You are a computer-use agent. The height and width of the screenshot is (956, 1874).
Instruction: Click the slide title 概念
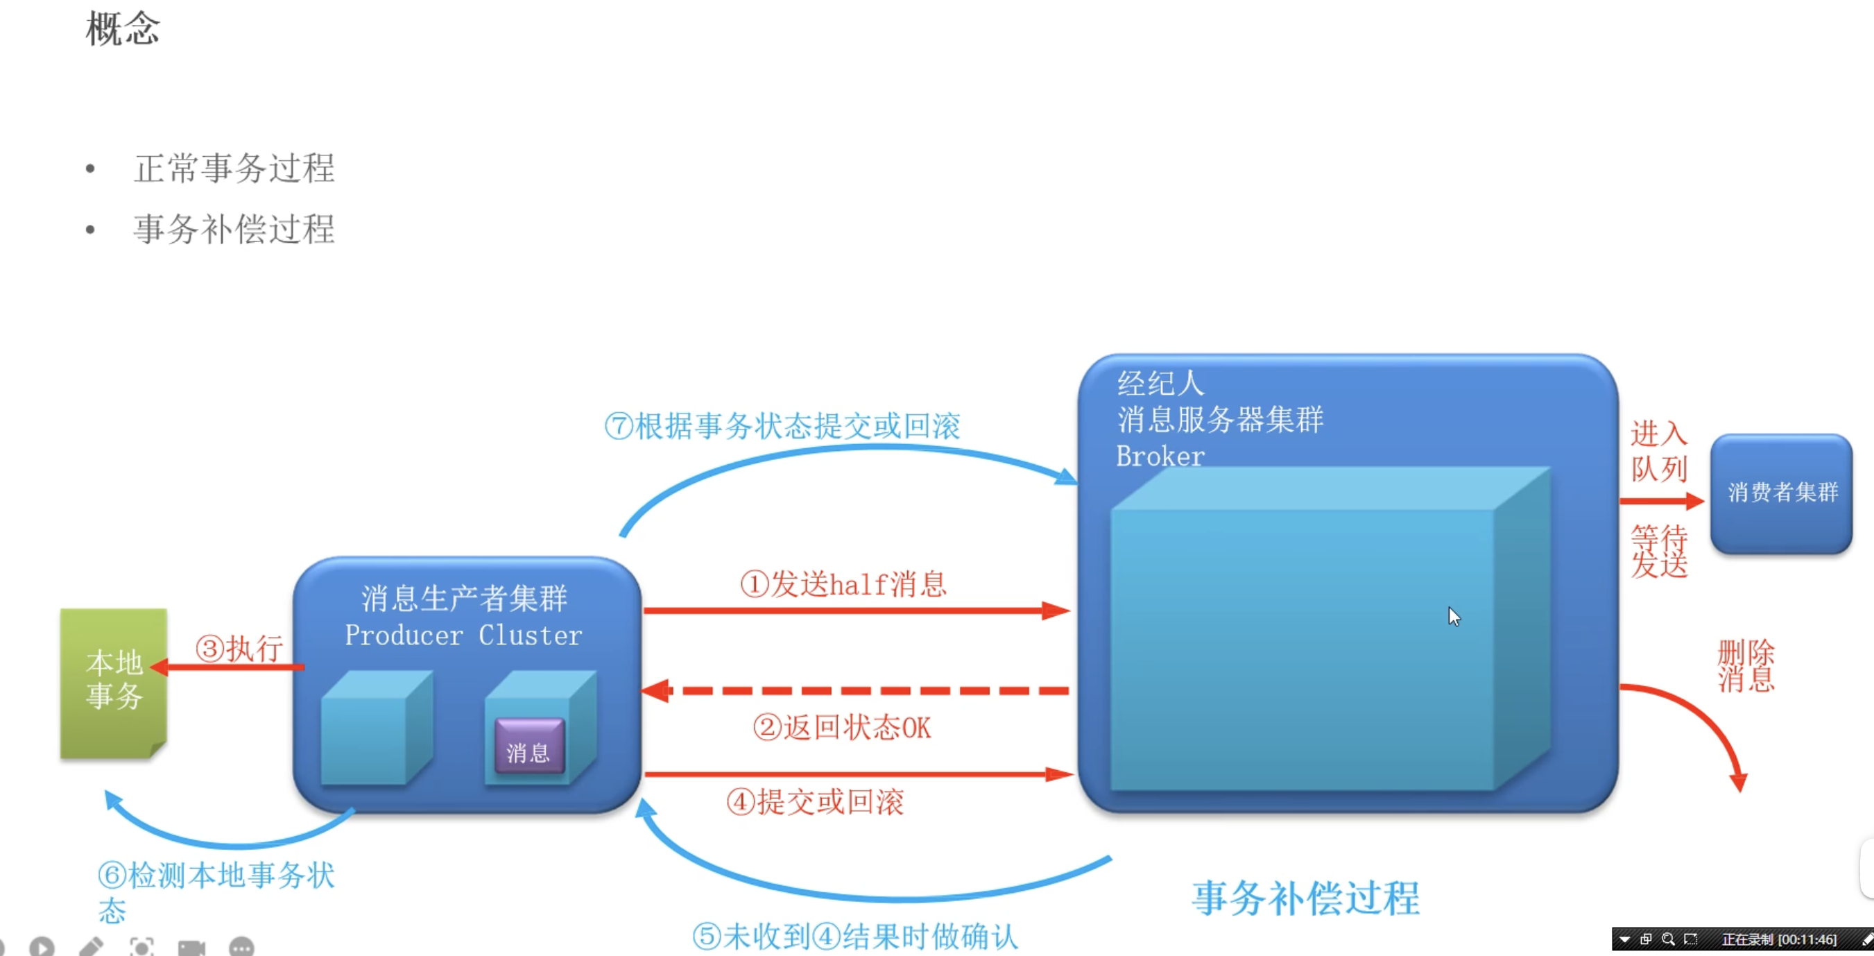[x=122, y=29]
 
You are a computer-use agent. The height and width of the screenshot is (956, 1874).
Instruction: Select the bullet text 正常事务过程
[x=234, y=168]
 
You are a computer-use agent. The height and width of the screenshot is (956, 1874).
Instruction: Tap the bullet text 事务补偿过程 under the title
[x=234, y=229]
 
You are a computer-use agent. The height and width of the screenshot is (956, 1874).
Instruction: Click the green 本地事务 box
[x=114, y=683]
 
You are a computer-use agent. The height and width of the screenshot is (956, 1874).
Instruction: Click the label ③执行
[x=239, y=648]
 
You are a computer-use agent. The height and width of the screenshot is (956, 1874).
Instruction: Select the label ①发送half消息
[x=844, y=583]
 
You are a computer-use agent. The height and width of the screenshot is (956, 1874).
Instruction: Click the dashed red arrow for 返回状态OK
[x=854, y=690]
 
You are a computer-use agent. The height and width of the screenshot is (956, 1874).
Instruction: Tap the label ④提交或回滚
[x=816, y=802]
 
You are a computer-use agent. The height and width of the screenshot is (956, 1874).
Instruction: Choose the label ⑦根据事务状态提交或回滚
[x=783, y=425]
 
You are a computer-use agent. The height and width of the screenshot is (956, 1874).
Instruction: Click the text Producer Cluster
[x=463, y=635]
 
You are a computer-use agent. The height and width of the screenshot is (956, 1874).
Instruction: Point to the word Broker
[x=1160, y=456]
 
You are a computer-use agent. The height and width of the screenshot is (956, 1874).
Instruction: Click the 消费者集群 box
[x=1782, y=493]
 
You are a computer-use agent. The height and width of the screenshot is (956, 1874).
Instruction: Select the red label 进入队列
[x=1660, y=451]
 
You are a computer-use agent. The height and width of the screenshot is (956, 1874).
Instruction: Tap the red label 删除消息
[x=1746, y=666]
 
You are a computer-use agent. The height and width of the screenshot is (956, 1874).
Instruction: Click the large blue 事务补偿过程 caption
[x=1306, y=898]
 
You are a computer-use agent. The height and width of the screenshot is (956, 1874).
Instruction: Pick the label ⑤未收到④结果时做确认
[x=854, y=937]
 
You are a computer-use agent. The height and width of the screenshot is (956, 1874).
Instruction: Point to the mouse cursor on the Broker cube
[x=1454, y=616]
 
